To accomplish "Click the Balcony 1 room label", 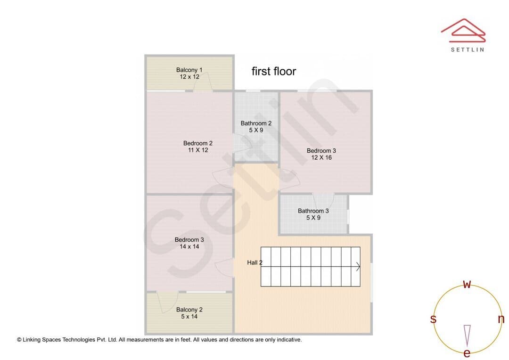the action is [x=189, y=70].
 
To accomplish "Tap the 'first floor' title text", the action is [x=274, y=72].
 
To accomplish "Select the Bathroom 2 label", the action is [x=256, y=123].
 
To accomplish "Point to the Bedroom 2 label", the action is [x=197, y=143].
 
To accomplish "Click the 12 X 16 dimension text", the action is [x=321, y=158].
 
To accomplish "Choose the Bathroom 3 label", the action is [x=313, y=211].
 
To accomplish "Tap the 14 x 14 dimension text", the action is [x=189, y=247].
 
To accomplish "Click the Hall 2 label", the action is [x=254, y=262].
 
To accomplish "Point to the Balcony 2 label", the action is [x=189, y=310].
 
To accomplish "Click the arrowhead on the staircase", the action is [x=358, y=267].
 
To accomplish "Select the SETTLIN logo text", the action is [x=468, y=49].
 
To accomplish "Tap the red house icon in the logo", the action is [x=463, y=31].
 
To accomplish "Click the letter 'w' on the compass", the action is [x=467, y=284].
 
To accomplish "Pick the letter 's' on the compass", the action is [x=433, y=319].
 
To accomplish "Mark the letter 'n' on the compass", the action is [x=501, y=319].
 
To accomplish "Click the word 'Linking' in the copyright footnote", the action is [x=32, y=340].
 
